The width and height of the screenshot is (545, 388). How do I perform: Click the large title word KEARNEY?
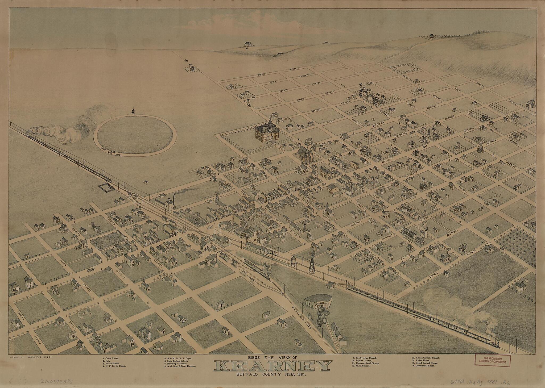(x=273, y=366)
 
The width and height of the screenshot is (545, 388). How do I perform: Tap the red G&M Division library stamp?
(x=493, y=361)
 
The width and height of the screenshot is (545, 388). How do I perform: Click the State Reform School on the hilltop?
(x=248, y=44)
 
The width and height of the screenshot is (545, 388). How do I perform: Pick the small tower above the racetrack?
(x=132, y=111)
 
